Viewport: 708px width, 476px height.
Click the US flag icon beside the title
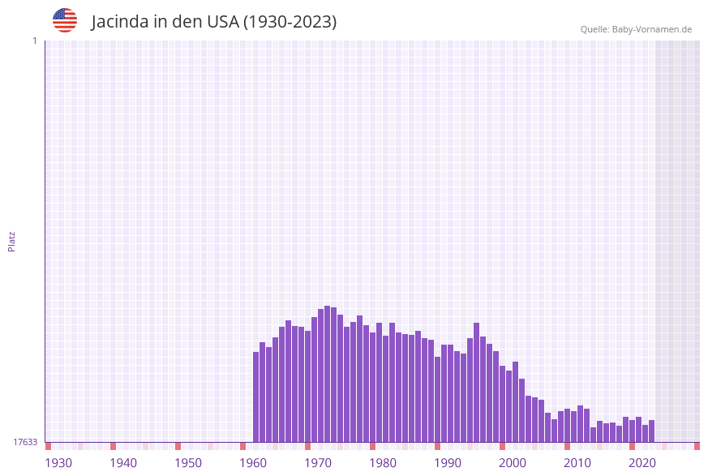(x=65, y=20)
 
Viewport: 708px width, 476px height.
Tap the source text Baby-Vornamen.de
(x=652, y=29)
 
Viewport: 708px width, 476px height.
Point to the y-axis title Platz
(x=11, y=241)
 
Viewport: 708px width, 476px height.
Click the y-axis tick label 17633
(x=25, y=442)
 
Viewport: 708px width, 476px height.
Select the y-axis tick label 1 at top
(x=34, y=41)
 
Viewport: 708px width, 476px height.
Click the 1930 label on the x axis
(x=58, y=463)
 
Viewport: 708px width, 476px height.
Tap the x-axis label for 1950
(x=188, y=463)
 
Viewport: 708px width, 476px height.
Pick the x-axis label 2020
(x=642, y=463)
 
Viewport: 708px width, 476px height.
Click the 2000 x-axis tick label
(x=513, y=463)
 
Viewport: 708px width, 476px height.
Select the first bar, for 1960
(x=256, y=397)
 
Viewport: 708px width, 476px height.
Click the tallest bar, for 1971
(x=327, y=374)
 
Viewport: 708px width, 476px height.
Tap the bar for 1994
(x=477, y=382)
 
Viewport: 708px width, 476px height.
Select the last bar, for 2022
(x=652, y=431)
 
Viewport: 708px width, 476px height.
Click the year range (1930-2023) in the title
(x=290, y=22)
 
